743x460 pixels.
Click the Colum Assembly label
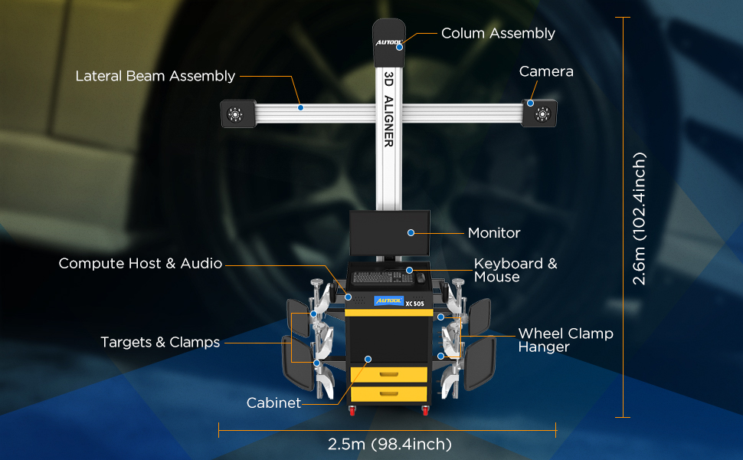click(x=498, y=34)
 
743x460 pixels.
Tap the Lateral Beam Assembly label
click(x=155, y=76)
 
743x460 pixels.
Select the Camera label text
click(x=546, y=71)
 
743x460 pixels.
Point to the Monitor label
click(x=494, y=233)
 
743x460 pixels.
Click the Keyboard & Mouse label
click(x=516, y=270)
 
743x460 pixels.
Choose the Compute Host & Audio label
click(x=140, y=264)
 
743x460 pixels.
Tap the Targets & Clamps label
click(x=160, y=343)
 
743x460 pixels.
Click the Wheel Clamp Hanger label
click(x=565, y=340)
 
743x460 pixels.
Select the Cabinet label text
click(x=273, y=403)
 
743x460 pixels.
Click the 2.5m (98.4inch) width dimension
click(x=388, y=444)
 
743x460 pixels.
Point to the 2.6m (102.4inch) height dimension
click(x=640, y=219)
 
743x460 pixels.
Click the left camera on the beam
click(x=235, y=114)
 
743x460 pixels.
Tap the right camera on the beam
click(x=542, y=114)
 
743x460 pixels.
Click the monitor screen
click(x=390, y=233)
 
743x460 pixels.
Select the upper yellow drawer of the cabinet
click(x=388, y=374)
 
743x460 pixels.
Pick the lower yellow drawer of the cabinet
click(x=388, y=394)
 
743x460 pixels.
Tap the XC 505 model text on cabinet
click(x=414, y=303)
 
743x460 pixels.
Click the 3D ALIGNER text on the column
click(x=388, y=110)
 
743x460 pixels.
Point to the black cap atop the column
click(x=389, y=34)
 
